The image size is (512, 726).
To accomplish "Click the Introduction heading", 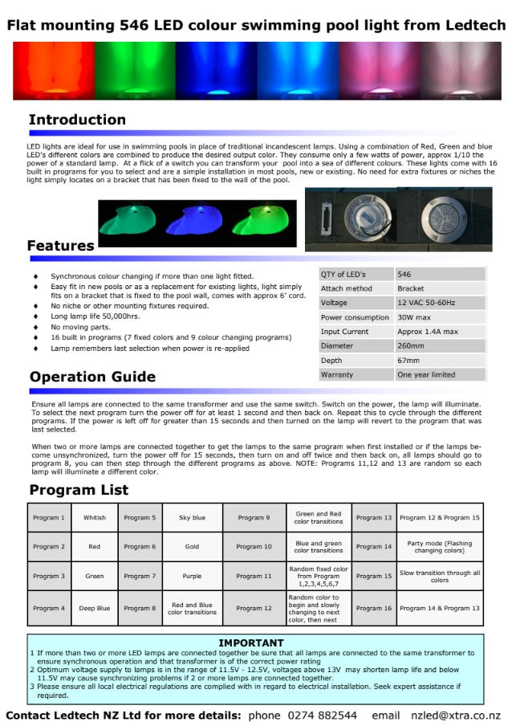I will tap(77, 120).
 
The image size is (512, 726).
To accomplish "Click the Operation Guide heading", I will tap(92, 377).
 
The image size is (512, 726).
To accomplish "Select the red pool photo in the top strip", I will tap(53, 71).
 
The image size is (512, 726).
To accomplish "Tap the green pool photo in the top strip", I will tap(134, 71).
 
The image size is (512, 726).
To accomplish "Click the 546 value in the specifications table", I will tap(404, 274).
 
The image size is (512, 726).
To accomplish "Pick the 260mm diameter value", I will tap(411, 346).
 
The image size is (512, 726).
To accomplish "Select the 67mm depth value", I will tap(408, 361).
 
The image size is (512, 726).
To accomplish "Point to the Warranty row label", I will tap(336, 375).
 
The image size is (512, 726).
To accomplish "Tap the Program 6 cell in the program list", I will tap(140, 547).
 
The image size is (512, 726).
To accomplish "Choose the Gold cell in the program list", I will tap(192, 547).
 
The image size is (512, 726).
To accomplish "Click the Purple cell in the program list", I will tap(192, 576).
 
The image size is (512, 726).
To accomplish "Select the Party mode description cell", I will tap(439, 547).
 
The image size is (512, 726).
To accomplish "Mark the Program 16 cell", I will tap(374, 608).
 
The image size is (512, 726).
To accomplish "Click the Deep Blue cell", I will tap(94, 608).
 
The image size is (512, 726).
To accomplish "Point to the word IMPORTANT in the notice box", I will tap(250, 643).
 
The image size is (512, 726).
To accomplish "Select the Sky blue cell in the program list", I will tap(192, 518).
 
